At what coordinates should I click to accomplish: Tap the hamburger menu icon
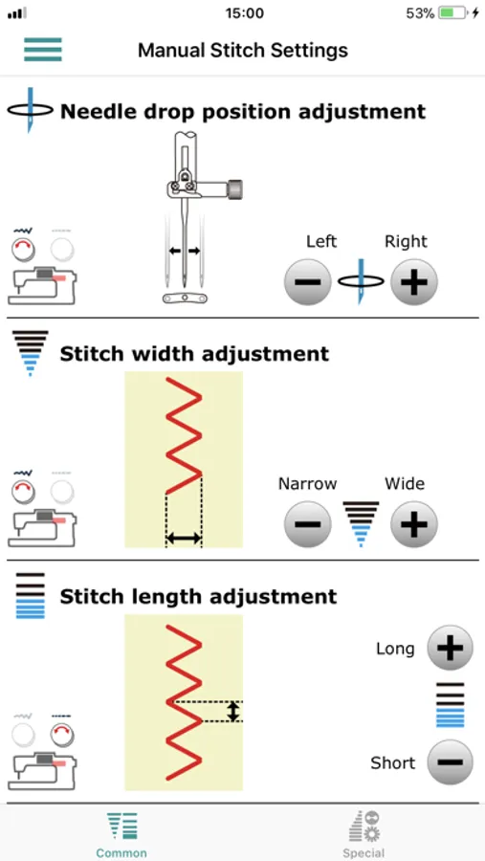point(43,50)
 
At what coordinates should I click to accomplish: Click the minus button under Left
point(308,282)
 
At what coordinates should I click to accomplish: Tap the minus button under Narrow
point(308,524)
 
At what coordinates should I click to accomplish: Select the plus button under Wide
point(414,524)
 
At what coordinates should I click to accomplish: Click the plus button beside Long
point(450,648)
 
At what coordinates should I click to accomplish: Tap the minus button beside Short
point(450,762)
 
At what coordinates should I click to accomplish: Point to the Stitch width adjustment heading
point(194,354)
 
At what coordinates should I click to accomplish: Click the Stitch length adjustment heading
point(198,596)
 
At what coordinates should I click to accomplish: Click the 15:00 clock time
point(245,13)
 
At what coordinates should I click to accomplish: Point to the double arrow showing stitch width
point(184,539)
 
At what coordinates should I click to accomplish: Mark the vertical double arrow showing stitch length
point(233,711)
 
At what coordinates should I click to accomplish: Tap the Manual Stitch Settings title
point(243,51)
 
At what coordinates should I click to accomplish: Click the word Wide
point(405,484)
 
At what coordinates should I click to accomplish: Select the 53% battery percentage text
point(420,13)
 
